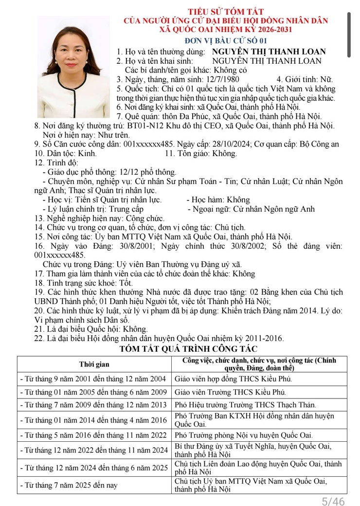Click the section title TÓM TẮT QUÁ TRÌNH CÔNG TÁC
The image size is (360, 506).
(188, 349)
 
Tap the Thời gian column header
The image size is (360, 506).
(94, 364)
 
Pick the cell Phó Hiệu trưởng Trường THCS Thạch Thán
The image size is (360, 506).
(245, 404)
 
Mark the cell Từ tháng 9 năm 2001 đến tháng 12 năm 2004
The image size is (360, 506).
(93, 379)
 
